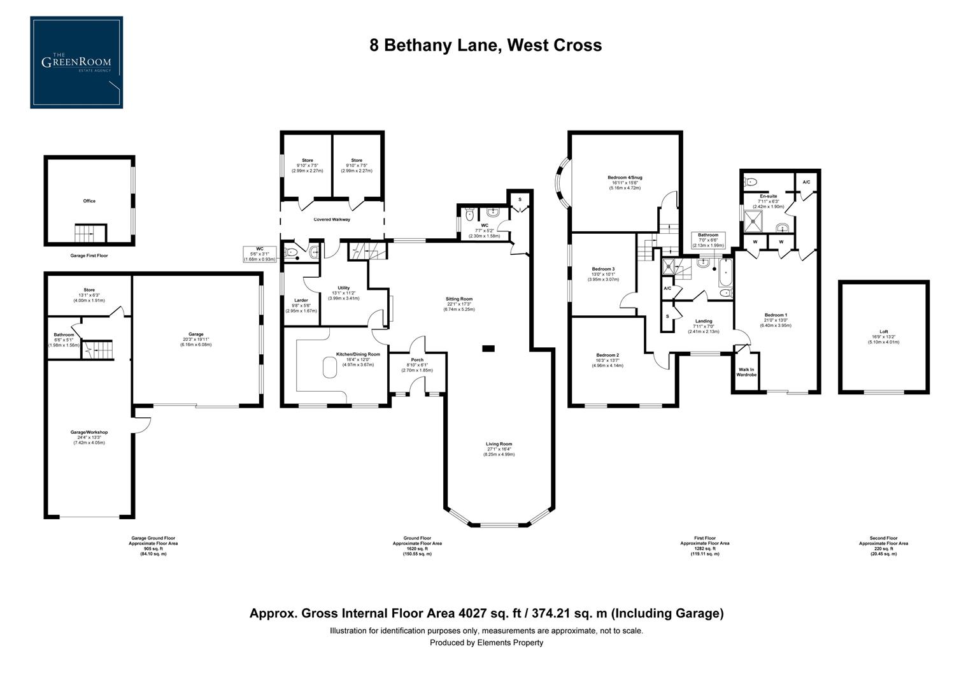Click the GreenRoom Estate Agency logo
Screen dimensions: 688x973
76,62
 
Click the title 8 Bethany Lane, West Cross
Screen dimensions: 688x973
486,45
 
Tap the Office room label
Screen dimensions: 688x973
89,201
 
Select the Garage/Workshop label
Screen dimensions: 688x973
89,433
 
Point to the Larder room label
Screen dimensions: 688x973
301,300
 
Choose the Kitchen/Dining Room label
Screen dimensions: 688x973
358,354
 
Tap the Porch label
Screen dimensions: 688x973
417,360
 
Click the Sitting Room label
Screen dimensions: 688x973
458,299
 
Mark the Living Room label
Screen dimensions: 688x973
499,444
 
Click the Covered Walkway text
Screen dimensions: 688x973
332,220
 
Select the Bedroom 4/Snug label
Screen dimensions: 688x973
624,177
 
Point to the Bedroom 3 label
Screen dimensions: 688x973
602,269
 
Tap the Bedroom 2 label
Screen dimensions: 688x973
607,355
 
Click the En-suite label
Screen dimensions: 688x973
768,196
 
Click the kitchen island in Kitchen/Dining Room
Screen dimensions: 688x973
329,368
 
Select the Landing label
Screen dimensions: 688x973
704,321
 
